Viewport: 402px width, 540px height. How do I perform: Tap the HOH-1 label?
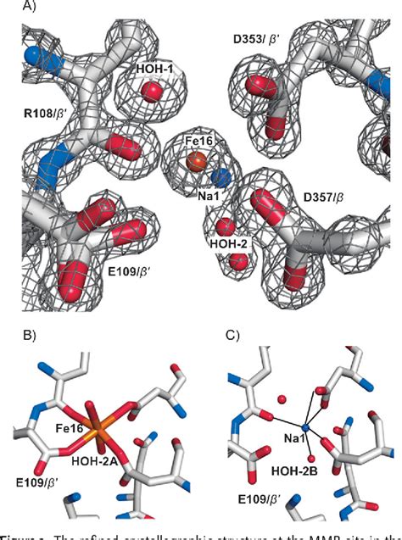(x=157, y=67)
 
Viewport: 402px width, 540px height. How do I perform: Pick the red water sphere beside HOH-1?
(x=154, y=91)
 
